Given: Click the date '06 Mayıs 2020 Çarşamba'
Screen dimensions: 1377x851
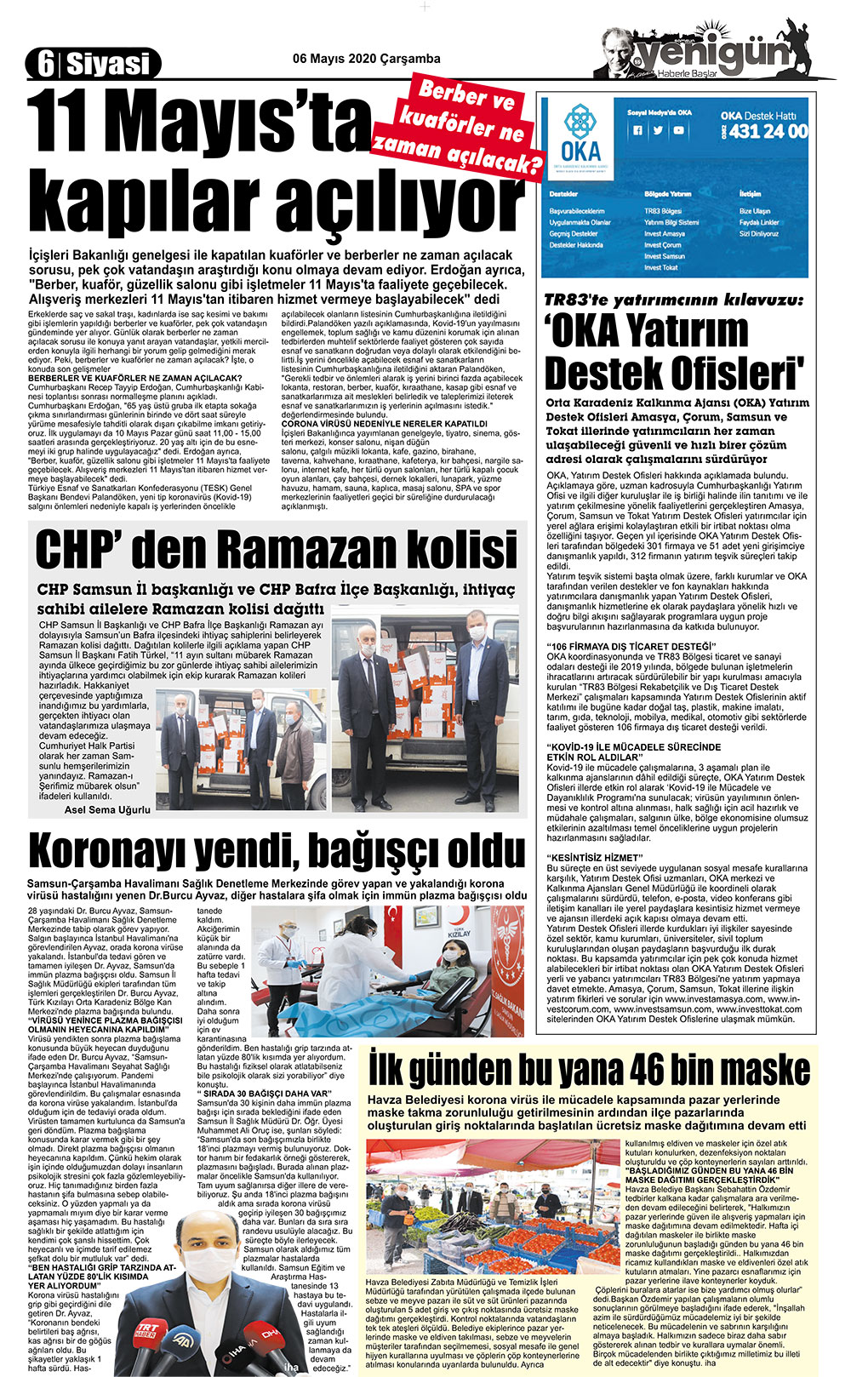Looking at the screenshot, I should click(366, 59).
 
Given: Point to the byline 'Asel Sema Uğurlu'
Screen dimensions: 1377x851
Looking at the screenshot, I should click(107, 809).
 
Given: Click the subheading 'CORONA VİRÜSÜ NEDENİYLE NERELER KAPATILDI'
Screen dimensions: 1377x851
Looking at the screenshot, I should click(384, 423).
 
